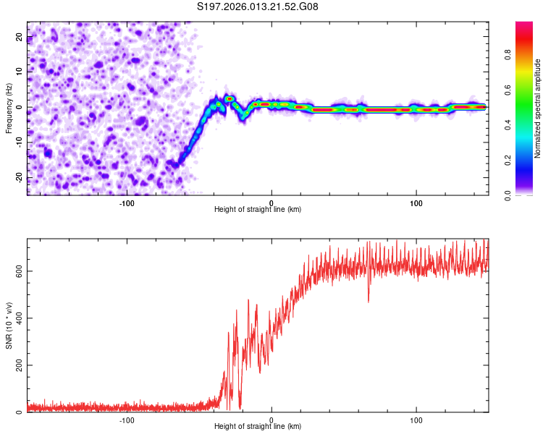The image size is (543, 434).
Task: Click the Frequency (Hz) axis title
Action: coord(9,107)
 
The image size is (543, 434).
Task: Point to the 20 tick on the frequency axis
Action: coord(21,36)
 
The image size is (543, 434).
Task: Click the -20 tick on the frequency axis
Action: coord(21,178)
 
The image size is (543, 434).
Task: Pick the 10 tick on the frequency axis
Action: coord(21,72)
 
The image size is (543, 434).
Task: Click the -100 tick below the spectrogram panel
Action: coord(127,203)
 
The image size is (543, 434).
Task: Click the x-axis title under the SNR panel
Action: coord(258,428)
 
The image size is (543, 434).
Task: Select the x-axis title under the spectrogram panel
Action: coord(258,210)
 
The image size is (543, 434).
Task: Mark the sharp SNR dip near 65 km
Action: coord(368,300)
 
